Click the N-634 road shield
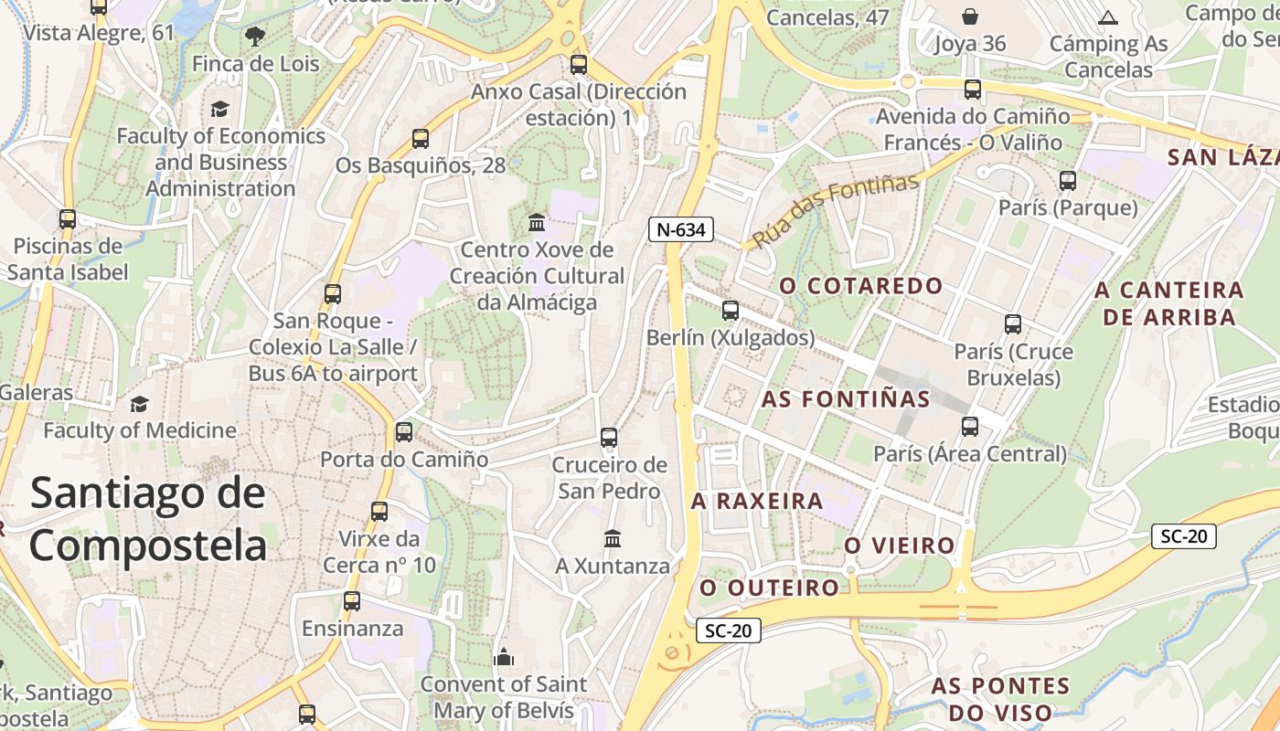tap(681, 229)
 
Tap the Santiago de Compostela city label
tap(148, 519)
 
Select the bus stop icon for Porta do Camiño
tap(404, 432)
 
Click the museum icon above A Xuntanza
tap(613, 539)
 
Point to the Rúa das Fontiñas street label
tap(835, 211)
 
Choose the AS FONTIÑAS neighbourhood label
tap(846, 399)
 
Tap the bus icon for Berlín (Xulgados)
tap(730, 311)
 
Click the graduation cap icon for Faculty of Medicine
tap(139, 404)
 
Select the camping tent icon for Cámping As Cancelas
tap(1108, 17)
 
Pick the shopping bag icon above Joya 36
tap(970, 16)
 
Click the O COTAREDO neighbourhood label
tap(860, 286)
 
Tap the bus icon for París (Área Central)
tap(970, 427)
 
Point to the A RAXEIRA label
tap(757, 502)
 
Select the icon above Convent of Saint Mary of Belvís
tap(504, 657)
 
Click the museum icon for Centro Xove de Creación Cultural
tap(537, 223)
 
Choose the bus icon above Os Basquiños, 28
tap(421, 139)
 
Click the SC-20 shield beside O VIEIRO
tap(1184, 536)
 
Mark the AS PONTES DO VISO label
tap(1000, 699)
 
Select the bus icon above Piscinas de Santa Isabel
tap(68, 219)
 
